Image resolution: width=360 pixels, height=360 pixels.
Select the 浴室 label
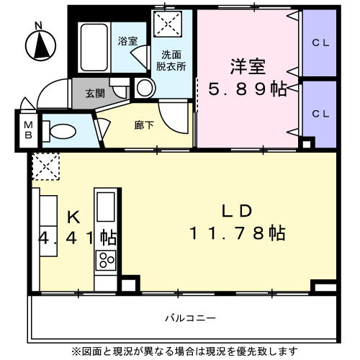128,41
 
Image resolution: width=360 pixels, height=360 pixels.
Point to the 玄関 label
94,93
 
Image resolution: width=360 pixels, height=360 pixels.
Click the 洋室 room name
248,67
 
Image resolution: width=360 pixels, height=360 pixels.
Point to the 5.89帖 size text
247,89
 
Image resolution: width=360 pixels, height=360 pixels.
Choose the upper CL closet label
320,42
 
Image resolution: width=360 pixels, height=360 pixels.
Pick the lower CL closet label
320,114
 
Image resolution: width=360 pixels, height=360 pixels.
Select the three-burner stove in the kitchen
107,260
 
